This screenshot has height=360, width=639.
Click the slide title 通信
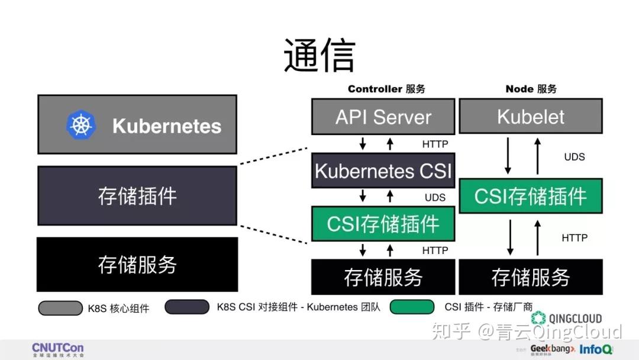(x=319, y=56)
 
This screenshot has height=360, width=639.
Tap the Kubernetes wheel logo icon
(x=81, y=126)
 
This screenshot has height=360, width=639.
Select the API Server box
(x=383, y=117)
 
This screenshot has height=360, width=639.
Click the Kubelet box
(x=531, y=117)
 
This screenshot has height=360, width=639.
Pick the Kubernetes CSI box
(x=383, y=171)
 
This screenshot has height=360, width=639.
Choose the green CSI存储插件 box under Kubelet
(x=531, y=196)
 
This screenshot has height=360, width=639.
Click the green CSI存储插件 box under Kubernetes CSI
(x=383, y=224)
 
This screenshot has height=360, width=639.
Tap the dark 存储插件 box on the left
(x=137, y=195)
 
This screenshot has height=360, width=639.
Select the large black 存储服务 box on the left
(x=137, y=265)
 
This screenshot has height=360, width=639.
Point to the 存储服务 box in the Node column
(x=531, y=277)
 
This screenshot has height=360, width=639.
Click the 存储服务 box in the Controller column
(x=383, y=277)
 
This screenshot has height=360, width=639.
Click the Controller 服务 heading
(x=386, y=89)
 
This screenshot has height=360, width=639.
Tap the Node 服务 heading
(x=531, y=89)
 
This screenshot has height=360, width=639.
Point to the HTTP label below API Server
(x=435, y=144)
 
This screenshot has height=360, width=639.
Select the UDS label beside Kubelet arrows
(x=574, y=157)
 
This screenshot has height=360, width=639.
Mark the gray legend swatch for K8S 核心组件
(x=60, y=308)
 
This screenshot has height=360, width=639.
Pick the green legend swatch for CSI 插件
(x=411, y=307)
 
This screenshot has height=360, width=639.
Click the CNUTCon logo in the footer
(x=57, y=349)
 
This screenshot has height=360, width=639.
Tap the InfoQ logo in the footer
(x=596, y=349)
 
